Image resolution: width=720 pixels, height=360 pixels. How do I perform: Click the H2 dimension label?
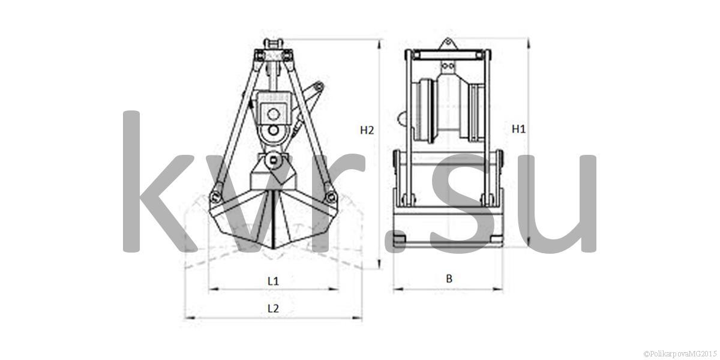coord(367,130)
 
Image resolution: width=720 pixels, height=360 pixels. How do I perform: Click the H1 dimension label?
coord(518,129)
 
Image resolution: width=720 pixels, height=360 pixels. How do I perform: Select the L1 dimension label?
coord(273,281)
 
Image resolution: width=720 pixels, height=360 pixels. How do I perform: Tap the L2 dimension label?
coord(273,308)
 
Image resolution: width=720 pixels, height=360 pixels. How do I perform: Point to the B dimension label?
coord(449,278)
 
